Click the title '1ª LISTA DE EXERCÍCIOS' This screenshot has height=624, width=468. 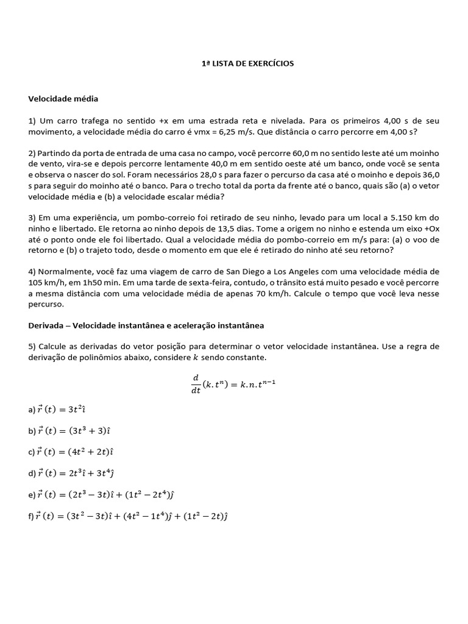pyautogui.click(x=247, y=63)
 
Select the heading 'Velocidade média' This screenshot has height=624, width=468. pyautogui.click(x=63, y=98)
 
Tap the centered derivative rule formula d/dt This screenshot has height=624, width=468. pyautogui.click(x=234, y=384)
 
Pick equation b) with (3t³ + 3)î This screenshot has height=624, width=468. pyautogui.click(x=69, y=430)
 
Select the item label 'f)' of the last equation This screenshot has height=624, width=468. pyautogui.click(x=30, y=516)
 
